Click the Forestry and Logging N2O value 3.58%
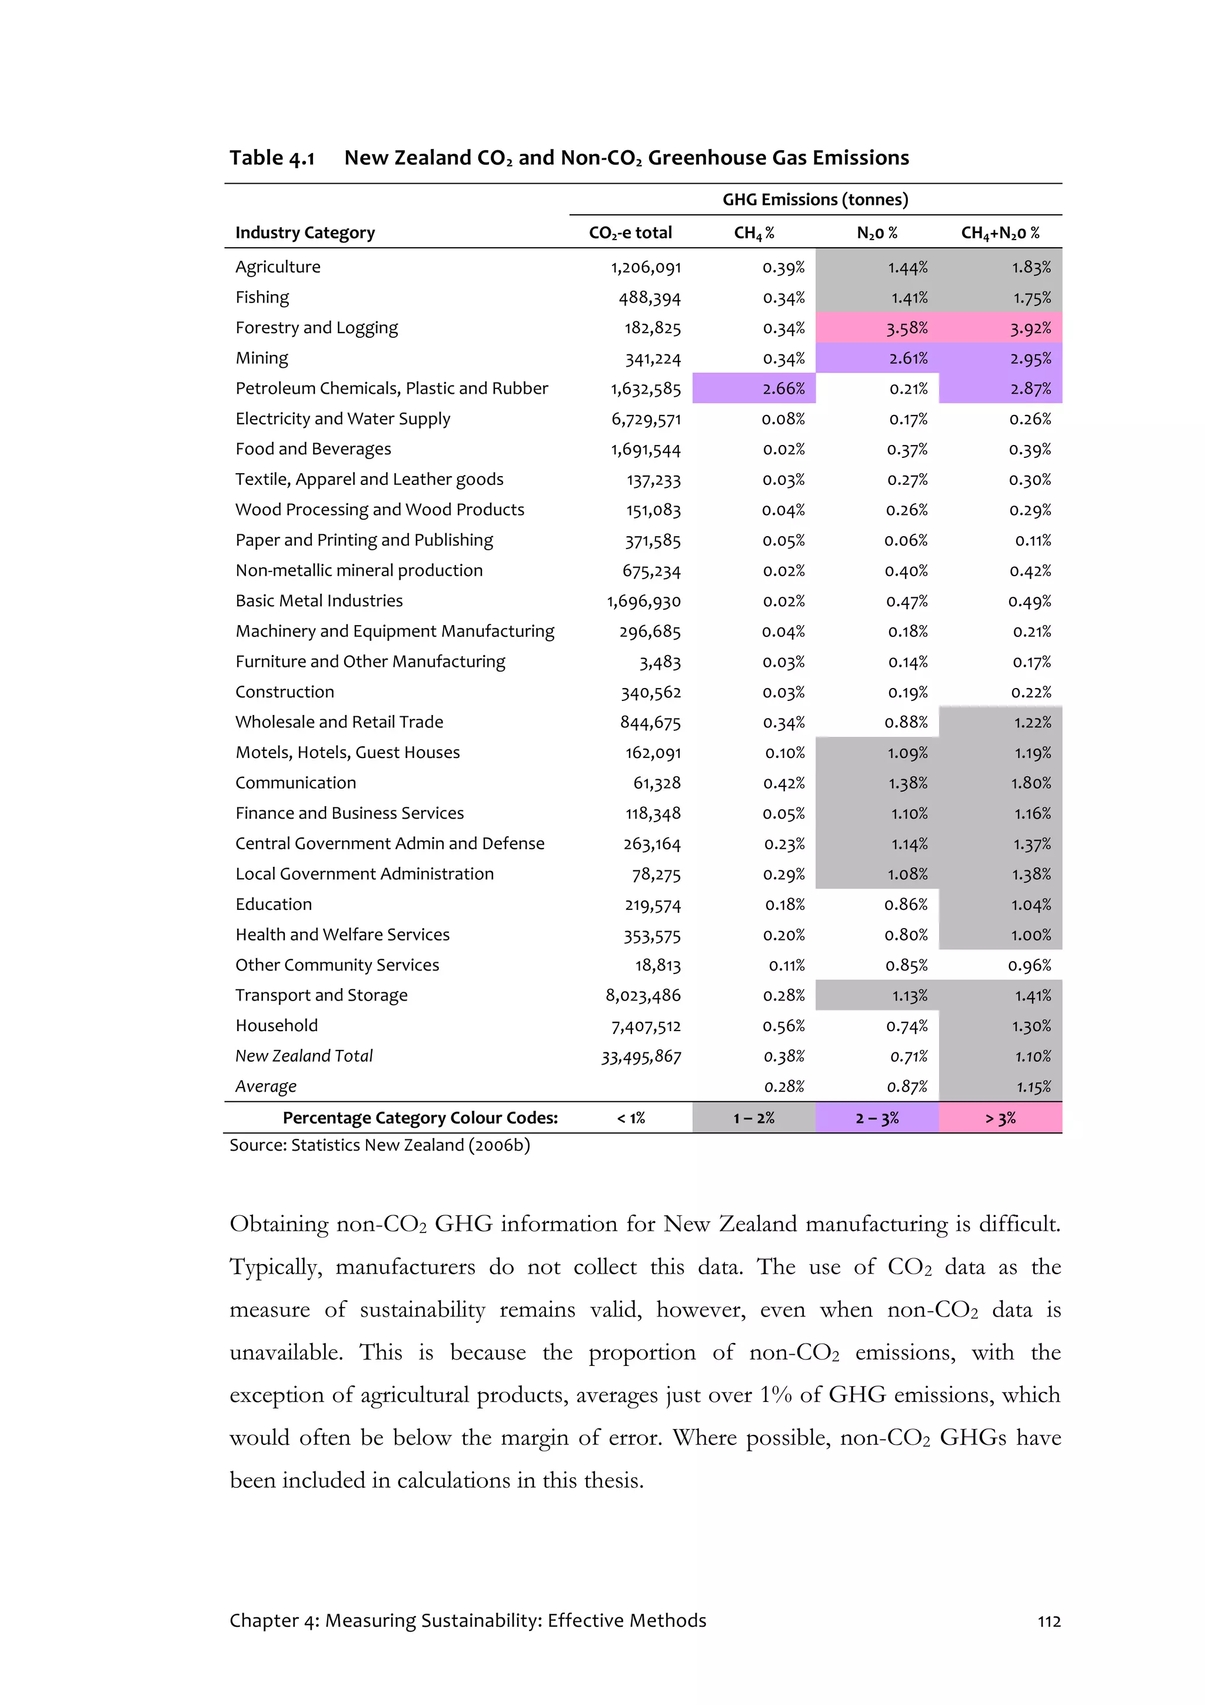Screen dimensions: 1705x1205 tap(907, 328)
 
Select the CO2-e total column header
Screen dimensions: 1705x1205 tap(630, 233)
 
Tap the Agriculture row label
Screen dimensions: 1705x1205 tap(278, 267)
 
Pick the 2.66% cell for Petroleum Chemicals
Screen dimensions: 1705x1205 tap(783, 388)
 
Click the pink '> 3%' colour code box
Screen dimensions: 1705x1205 tap(1000, 1118)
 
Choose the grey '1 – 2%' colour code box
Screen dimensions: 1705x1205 tap(754, 1118)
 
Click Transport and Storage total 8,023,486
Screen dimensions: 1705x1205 tap(643, 996)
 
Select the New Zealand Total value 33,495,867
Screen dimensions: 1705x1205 tap(641, 1056)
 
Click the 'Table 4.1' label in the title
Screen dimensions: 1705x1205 tap(272, 158)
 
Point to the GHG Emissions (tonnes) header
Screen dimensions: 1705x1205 tap(815, 200)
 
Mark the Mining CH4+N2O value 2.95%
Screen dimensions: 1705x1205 tap(1030, 358)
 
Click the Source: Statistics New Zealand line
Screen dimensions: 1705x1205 tap(380, 1146)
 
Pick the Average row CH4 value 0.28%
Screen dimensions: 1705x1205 tap(784, 1087)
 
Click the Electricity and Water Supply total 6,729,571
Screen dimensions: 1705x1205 tap(646, 420)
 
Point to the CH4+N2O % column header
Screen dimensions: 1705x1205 tap(1000, 233)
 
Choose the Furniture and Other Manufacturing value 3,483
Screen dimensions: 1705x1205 tap(660, 662)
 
